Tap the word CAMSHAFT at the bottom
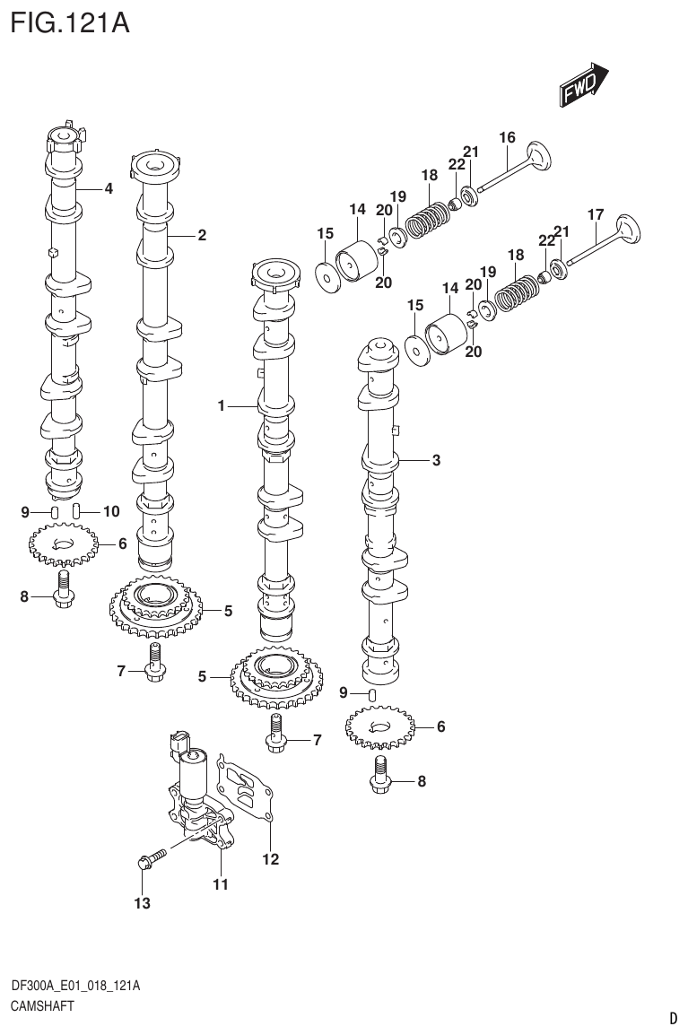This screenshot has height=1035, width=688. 41,1005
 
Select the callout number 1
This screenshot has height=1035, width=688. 221,406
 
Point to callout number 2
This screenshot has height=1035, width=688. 202,235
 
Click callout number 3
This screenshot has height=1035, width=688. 436,461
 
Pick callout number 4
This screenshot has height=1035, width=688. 108,188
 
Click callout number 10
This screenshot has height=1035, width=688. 110,512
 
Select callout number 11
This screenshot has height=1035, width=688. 221,884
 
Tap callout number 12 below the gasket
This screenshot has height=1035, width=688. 270,859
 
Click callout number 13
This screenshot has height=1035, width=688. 142,903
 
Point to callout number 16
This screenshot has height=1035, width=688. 507,137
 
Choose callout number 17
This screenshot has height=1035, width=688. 595,215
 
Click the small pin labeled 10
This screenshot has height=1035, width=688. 77,512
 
